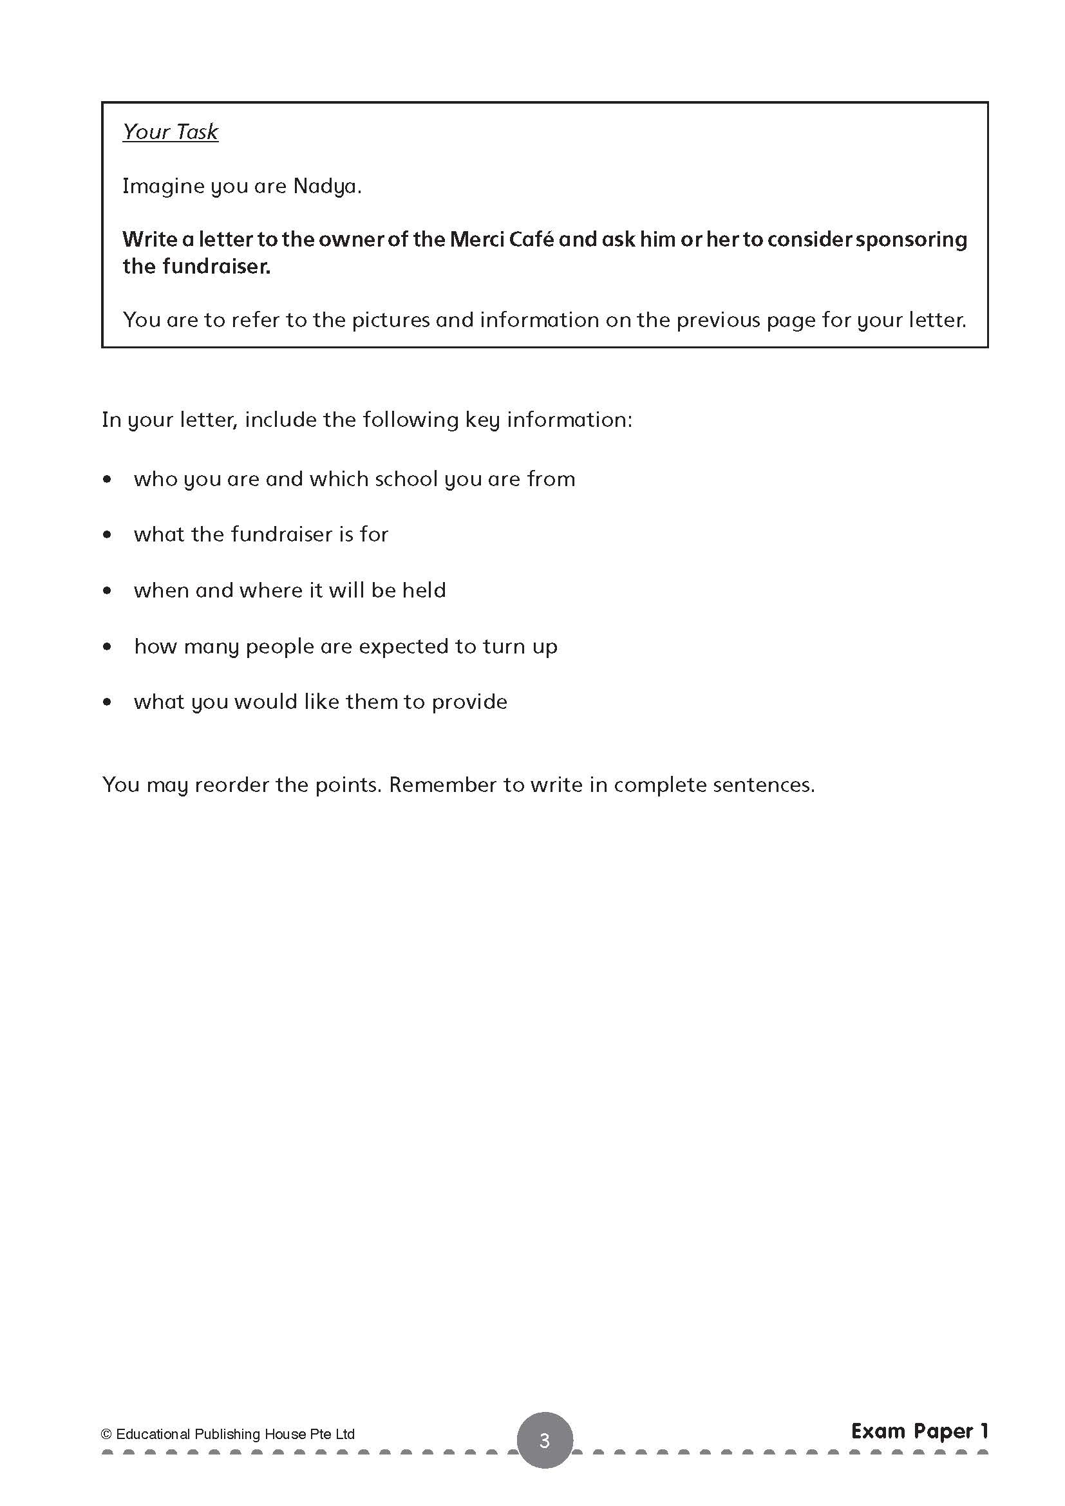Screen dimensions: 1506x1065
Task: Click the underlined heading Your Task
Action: (x=170, y=132)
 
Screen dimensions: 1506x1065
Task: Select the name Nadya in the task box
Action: (x=326, y=186)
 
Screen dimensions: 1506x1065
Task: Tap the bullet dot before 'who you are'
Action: (x=108, y=479)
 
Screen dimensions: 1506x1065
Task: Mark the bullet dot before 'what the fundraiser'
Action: (x=108, y=534)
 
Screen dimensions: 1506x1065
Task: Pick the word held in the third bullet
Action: (x=424, y=590)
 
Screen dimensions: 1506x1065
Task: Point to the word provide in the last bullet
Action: (x=469, y=702)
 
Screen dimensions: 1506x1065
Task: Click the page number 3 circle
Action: (x=544, y=1440)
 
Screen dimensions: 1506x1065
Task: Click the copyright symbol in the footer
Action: (x=106, y=1434)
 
